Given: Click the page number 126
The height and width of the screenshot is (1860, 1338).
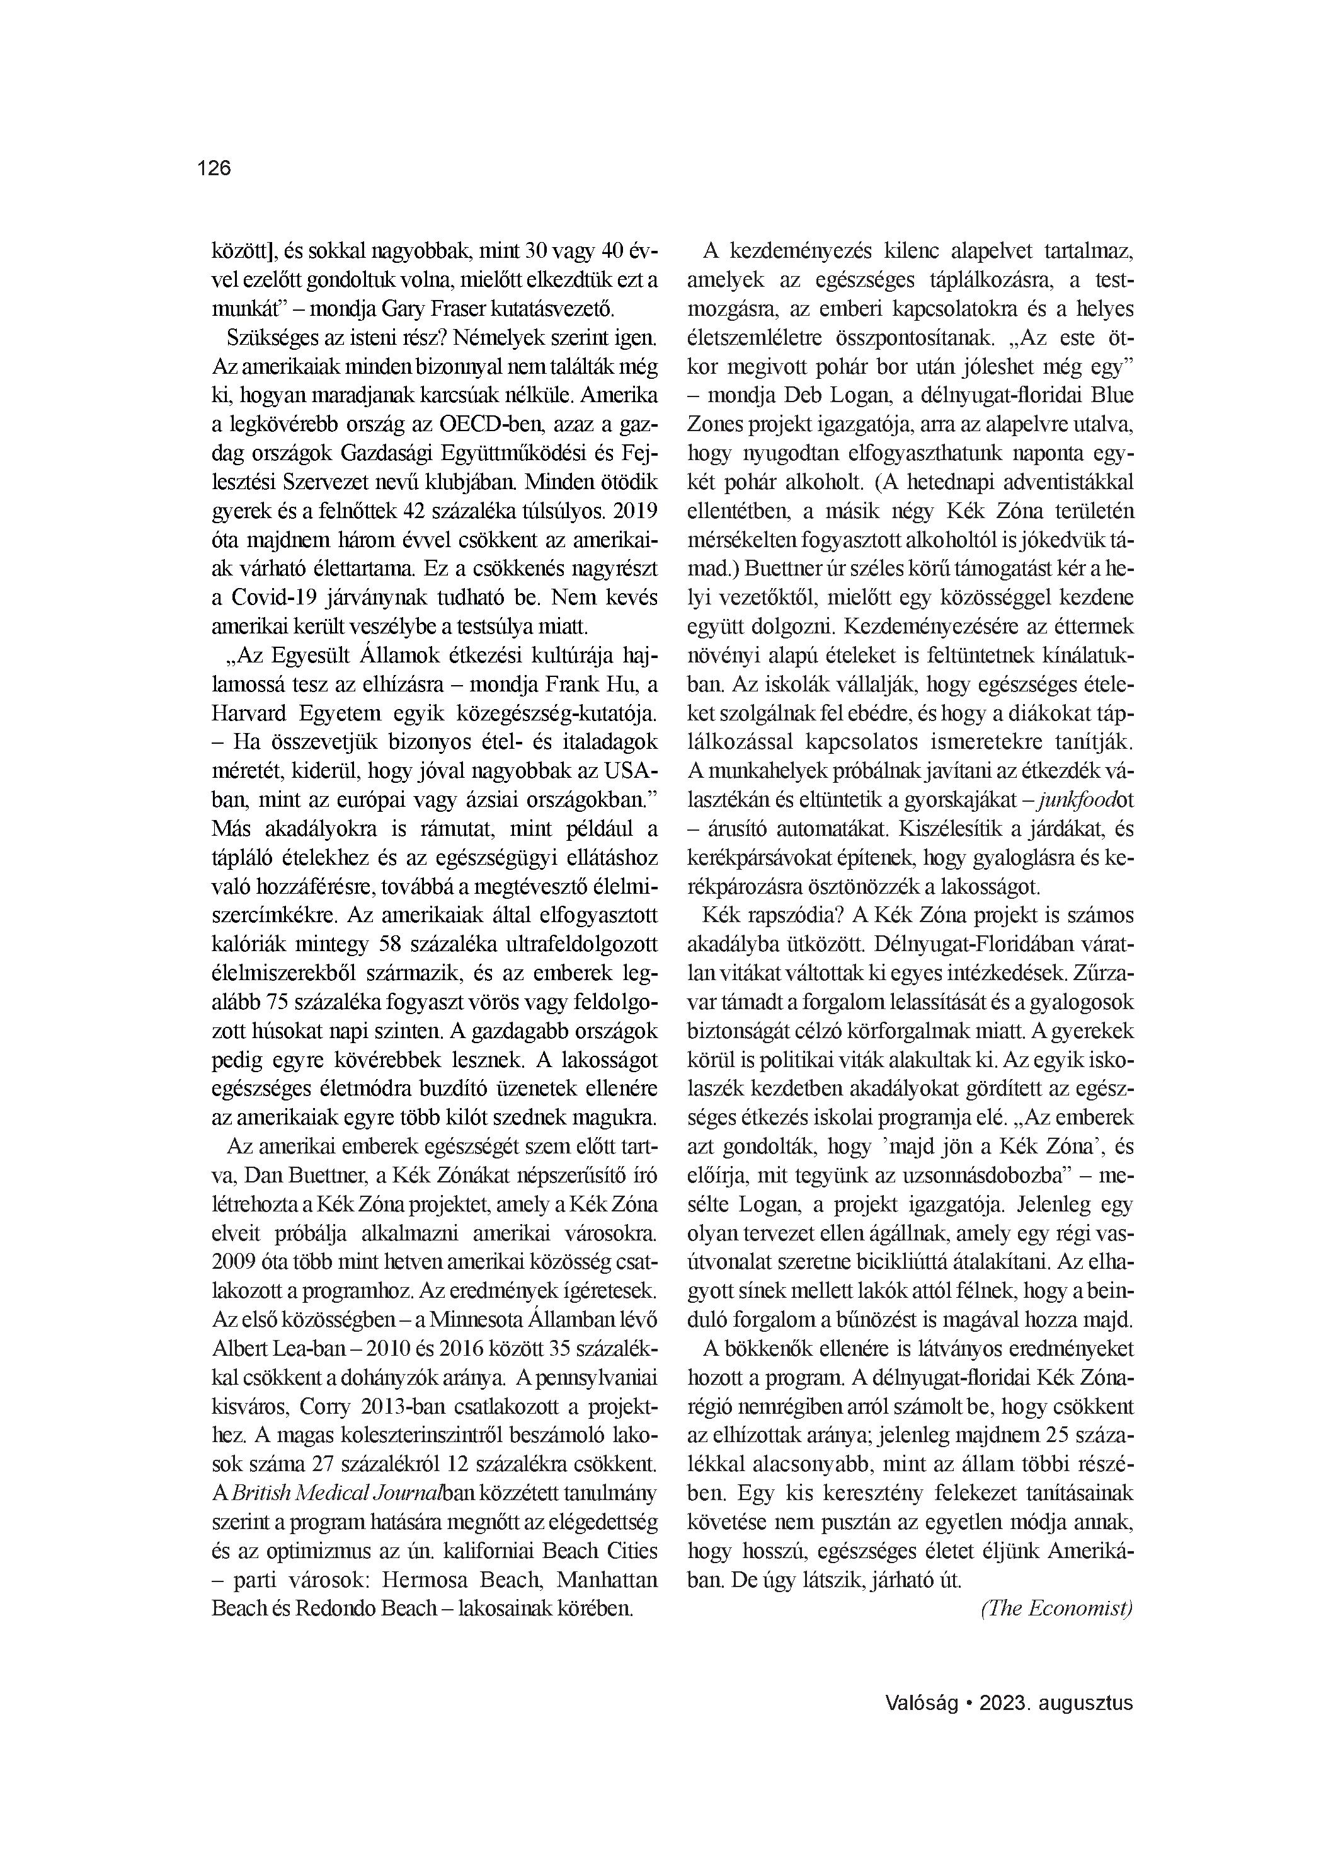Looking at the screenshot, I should (215, 169).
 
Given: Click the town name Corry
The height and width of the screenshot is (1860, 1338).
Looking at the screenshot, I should (324, 1406).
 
